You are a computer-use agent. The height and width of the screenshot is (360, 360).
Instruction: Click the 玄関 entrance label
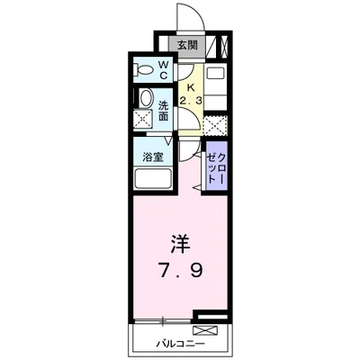point(186,46)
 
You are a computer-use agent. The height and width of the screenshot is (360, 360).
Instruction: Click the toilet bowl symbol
point(143,69)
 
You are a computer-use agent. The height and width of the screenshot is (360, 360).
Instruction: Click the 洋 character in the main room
point(178,243)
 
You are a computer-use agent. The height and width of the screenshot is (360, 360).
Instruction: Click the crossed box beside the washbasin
point(142,121)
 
